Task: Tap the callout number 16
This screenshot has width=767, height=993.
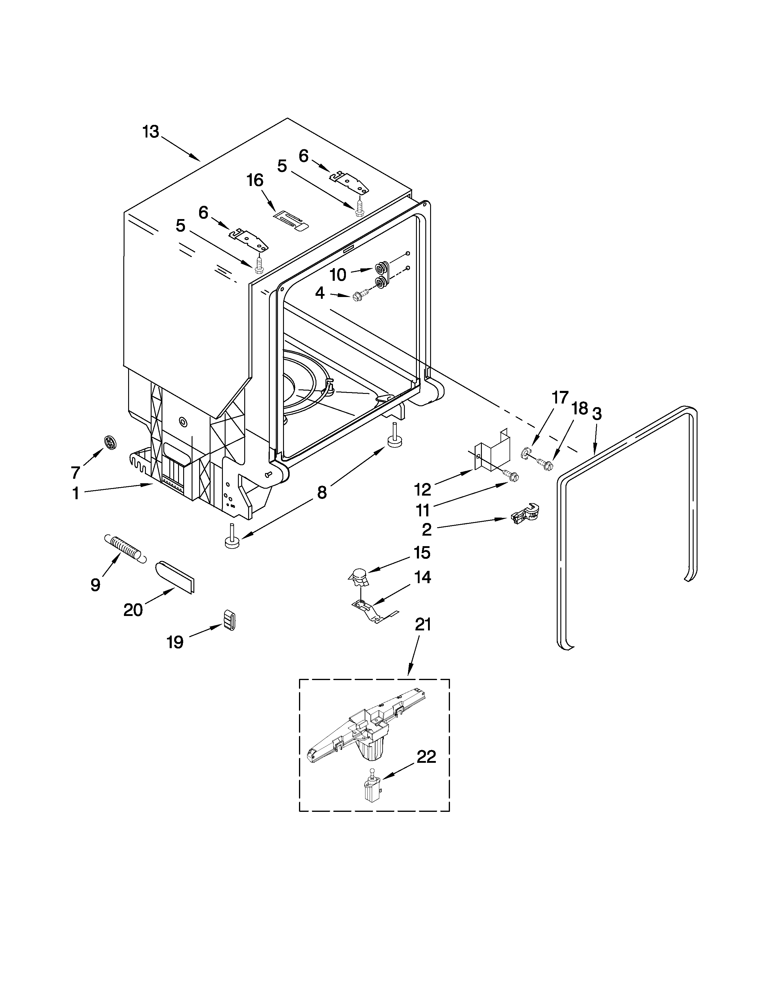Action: tap(255, 181)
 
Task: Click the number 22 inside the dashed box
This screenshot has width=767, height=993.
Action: tap(426, 757)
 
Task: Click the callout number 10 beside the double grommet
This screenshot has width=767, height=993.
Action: tap(337, 275)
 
